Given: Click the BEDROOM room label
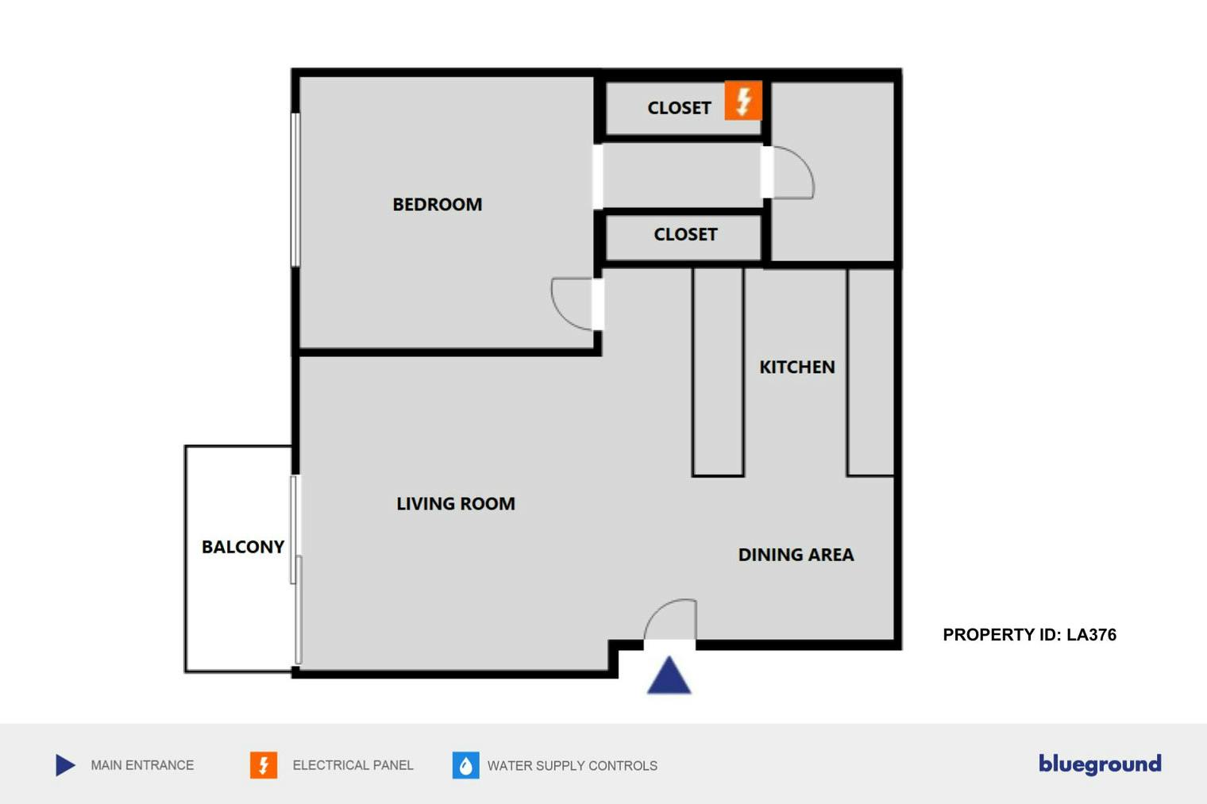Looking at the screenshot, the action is tap(437, 205).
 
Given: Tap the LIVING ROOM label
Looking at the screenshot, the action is tap(456, 503).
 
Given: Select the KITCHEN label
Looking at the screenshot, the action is tap(797, 367).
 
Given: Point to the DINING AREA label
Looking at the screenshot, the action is tap(796, 555).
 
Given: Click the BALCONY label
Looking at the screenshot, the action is tap(242, 547).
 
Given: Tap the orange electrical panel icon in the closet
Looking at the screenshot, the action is tap(743, 101).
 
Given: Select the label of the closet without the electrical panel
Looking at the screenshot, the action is tap(685, 234).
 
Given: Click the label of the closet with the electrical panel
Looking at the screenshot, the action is tap(679, 108).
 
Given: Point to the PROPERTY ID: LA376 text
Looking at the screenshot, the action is tap(1029, 635).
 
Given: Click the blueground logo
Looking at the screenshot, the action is tap(1100, 764).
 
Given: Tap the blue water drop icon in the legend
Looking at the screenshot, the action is tap(465, 765).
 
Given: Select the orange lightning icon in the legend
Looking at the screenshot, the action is tap(264, 765).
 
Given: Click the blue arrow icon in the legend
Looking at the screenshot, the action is tap(64, 765).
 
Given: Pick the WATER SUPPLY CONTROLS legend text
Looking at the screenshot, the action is tap(573, 766).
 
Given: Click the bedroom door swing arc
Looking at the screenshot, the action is tap(561, 315).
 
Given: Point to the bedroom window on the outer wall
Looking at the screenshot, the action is tap(295, 190).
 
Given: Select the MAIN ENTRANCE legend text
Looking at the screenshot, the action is tap(142, 765).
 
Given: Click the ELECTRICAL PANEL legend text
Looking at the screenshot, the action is tap(353, 765).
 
